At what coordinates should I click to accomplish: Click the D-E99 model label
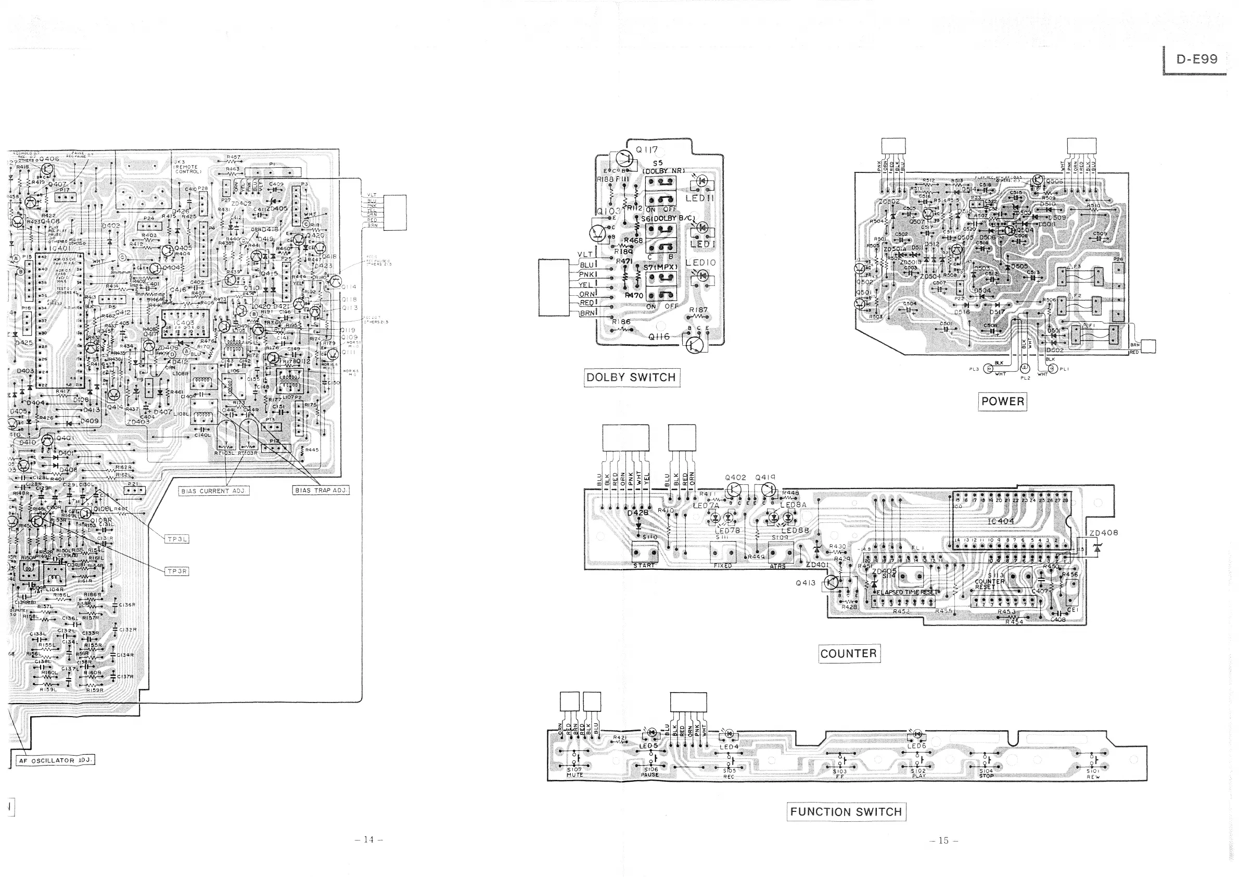(1197, 59)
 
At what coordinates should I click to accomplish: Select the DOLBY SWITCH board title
(631, 378)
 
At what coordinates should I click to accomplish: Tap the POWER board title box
(1003, 401)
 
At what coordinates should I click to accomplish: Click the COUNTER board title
(848, 654)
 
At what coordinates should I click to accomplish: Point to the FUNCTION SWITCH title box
(846, 812)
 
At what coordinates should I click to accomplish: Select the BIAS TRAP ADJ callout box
(321, 491)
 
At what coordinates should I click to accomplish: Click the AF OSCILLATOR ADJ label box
(56, 760)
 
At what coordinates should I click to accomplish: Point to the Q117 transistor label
(646, 150)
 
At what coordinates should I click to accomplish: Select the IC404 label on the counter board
(1001, 521)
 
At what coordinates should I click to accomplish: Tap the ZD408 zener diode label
(1103, 533)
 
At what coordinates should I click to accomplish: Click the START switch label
(644, 566)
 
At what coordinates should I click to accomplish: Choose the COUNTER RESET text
(989, 584)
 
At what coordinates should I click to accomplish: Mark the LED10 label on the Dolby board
(700, 262)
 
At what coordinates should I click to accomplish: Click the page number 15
(944, 840)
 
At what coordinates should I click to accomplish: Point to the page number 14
(368, 839)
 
